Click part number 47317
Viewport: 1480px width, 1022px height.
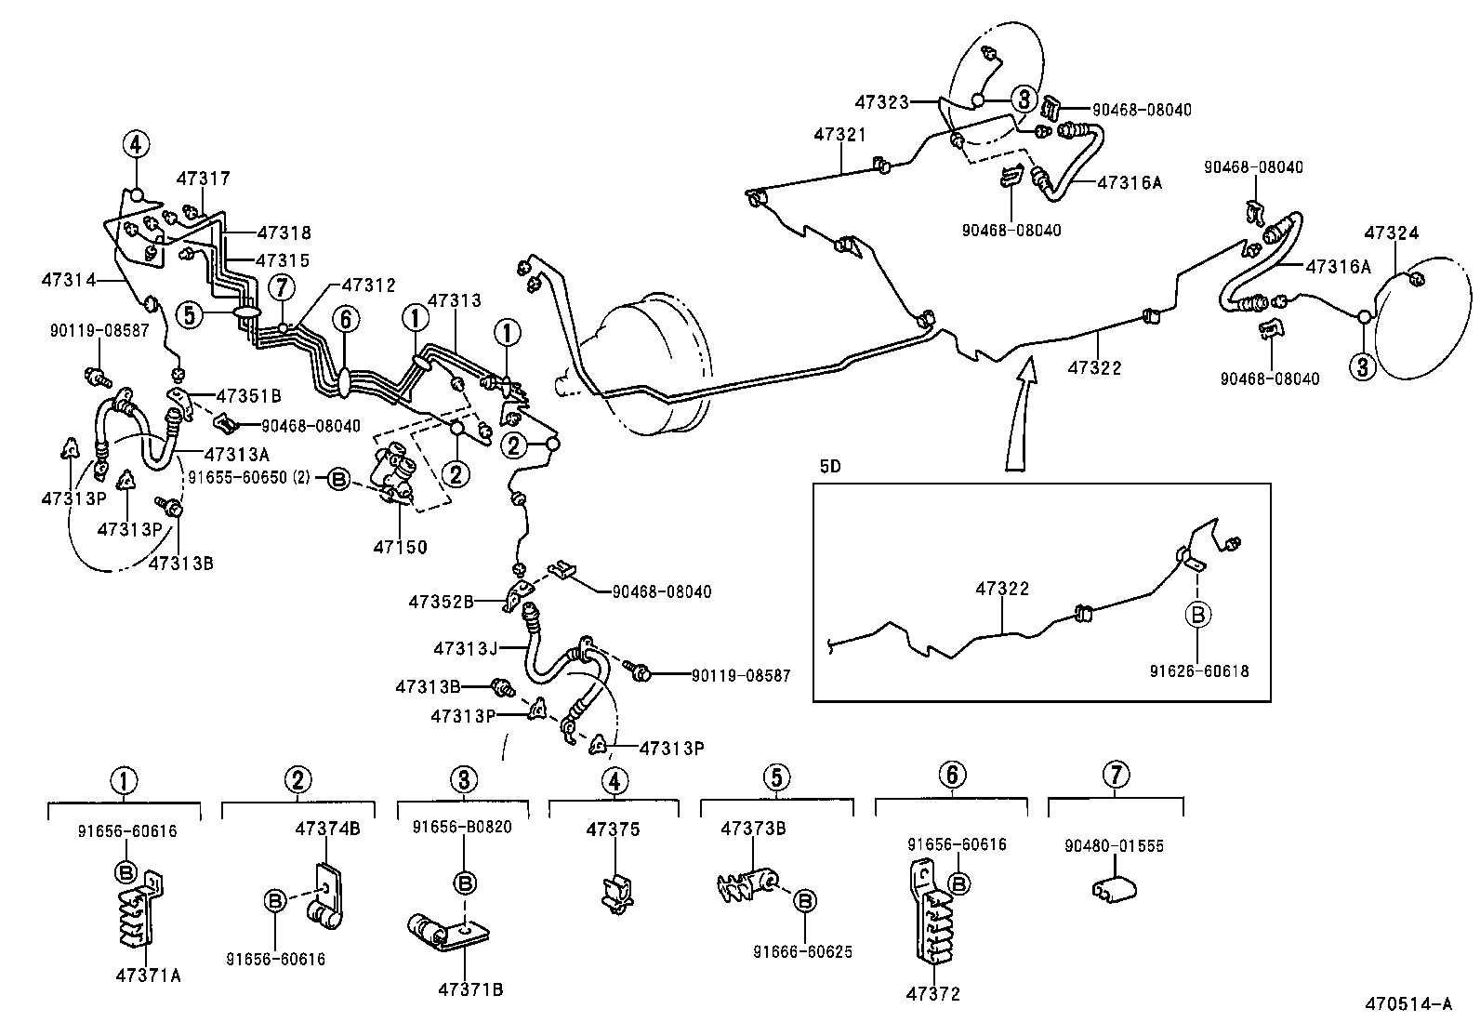[x=204, y=179]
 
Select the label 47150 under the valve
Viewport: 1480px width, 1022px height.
[x=400, y=547]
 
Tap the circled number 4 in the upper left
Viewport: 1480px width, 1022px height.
[x=135, y=144]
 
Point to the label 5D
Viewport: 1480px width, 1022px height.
[x=829, y=467]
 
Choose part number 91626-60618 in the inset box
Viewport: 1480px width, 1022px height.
[x=1198, y=670]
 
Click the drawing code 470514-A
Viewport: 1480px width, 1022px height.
[x=1407, y=1003]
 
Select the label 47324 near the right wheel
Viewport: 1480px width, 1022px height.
[x=1392, y=233]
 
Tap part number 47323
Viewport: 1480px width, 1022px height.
[x=882, y=102]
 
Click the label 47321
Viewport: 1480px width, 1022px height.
[x=839, y=135]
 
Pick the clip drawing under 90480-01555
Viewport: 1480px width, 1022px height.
[x=1111, y=890]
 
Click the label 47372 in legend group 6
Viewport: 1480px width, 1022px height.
[x=932, y=994]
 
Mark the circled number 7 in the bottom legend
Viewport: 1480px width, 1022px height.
[x=1116, y=775]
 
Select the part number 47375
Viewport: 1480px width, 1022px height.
[x=613, y=830]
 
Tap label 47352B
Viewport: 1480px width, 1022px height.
[x=442, y=602]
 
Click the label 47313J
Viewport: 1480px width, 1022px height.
[x=466, y=647]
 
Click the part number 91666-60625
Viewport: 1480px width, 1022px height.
[x=803, y=951]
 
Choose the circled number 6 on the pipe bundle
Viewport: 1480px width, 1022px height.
[x=345, y=320]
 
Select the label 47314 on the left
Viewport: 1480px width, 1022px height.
[x=68, y=278]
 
